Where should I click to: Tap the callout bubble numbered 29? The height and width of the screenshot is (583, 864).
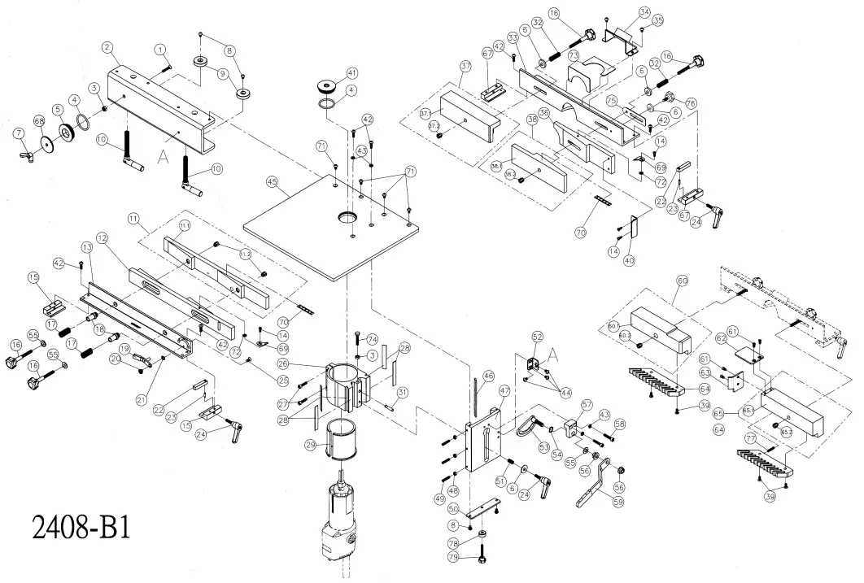[x=310, y=446]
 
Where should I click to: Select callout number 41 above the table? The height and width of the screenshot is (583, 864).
[x=351, y=72]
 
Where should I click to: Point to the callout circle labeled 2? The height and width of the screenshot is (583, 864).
[x=107, y=48]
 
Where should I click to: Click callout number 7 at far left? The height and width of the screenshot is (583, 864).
[x=19, y=133]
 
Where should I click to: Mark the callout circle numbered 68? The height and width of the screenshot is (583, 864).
[x=38, y=122]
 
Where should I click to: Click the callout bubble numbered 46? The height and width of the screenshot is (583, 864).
[x=488, y=376]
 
